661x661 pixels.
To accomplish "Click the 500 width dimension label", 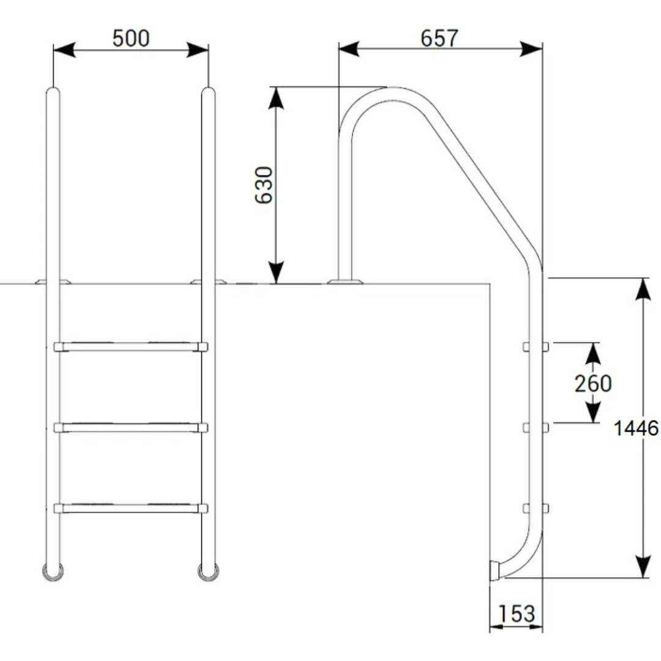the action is (x=131, y=39).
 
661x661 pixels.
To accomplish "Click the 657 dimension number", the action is (x=439, y=39).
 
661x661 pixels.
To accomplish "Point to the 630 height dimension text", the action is (x=264, y=185).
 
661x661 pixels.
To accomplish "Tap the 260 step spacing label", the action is (x=592, y=383).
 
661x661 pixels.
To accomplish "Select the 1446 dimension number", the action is (x=636, y=428).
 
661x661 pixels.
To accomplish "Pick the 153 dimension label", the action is (x=517, y=614).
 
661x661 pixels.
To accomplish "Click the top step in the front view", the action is (x=131, y=347).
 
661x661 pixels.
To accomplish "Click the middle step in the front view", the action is (x=131, y=427).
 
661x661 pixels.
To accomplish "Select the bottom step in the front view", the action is (x=131, y=508).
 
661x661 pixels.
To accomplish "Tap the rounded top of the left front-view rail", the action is (x=53, y=91).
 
